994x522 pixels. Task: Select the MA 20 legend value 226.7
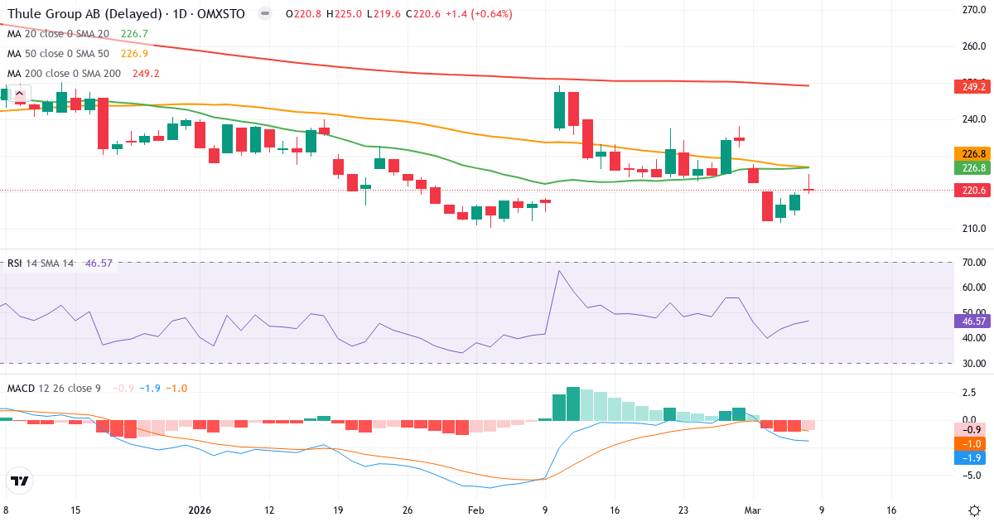pos(134,34)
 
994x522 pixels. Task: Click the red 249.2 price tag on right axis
pos(970,87)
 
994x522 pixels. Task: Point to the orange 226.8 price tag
pos(970,153)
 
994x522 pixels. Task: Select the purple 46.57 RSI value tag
pos(970,321)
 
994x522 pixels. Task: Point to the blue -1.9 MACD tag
pos(970,458)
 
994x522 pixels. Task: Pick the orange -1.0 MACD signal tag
pos(970,444)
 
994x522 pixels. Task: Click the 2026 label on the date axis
pos(201,510)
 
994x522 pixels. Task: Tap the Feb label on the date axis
pos(476,510)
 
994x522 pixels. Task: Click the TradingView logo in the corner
pos(20,481)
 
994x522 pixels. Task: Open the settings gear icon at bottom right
pos(975,510)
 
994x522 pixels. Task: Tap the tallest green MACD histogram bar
pos(573,404)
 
